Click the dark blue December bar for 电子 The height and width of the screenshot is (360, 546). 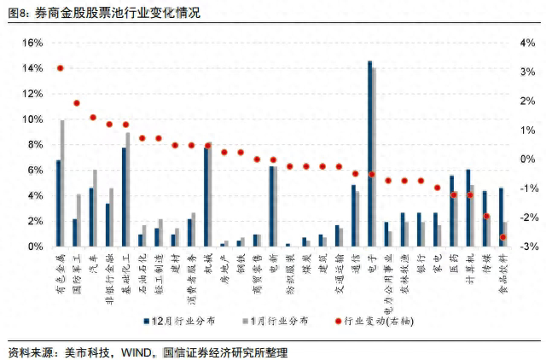(x=369, y=154)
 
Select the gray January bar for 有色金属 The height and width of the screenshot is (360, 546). (x=62, y=183)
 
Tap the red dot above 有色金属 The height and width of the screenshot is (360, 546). (x=60, y=68)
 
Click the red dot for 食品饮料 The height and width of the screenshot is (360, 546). (x=503, y=237)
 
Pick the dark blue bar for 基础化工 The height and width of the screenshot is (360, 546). (x=124, y=197)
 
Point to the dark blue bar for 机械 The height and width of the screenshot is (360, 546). (x=206, y=197)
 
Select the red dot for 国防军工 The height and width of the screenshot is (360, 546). (x=76, y=103)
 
